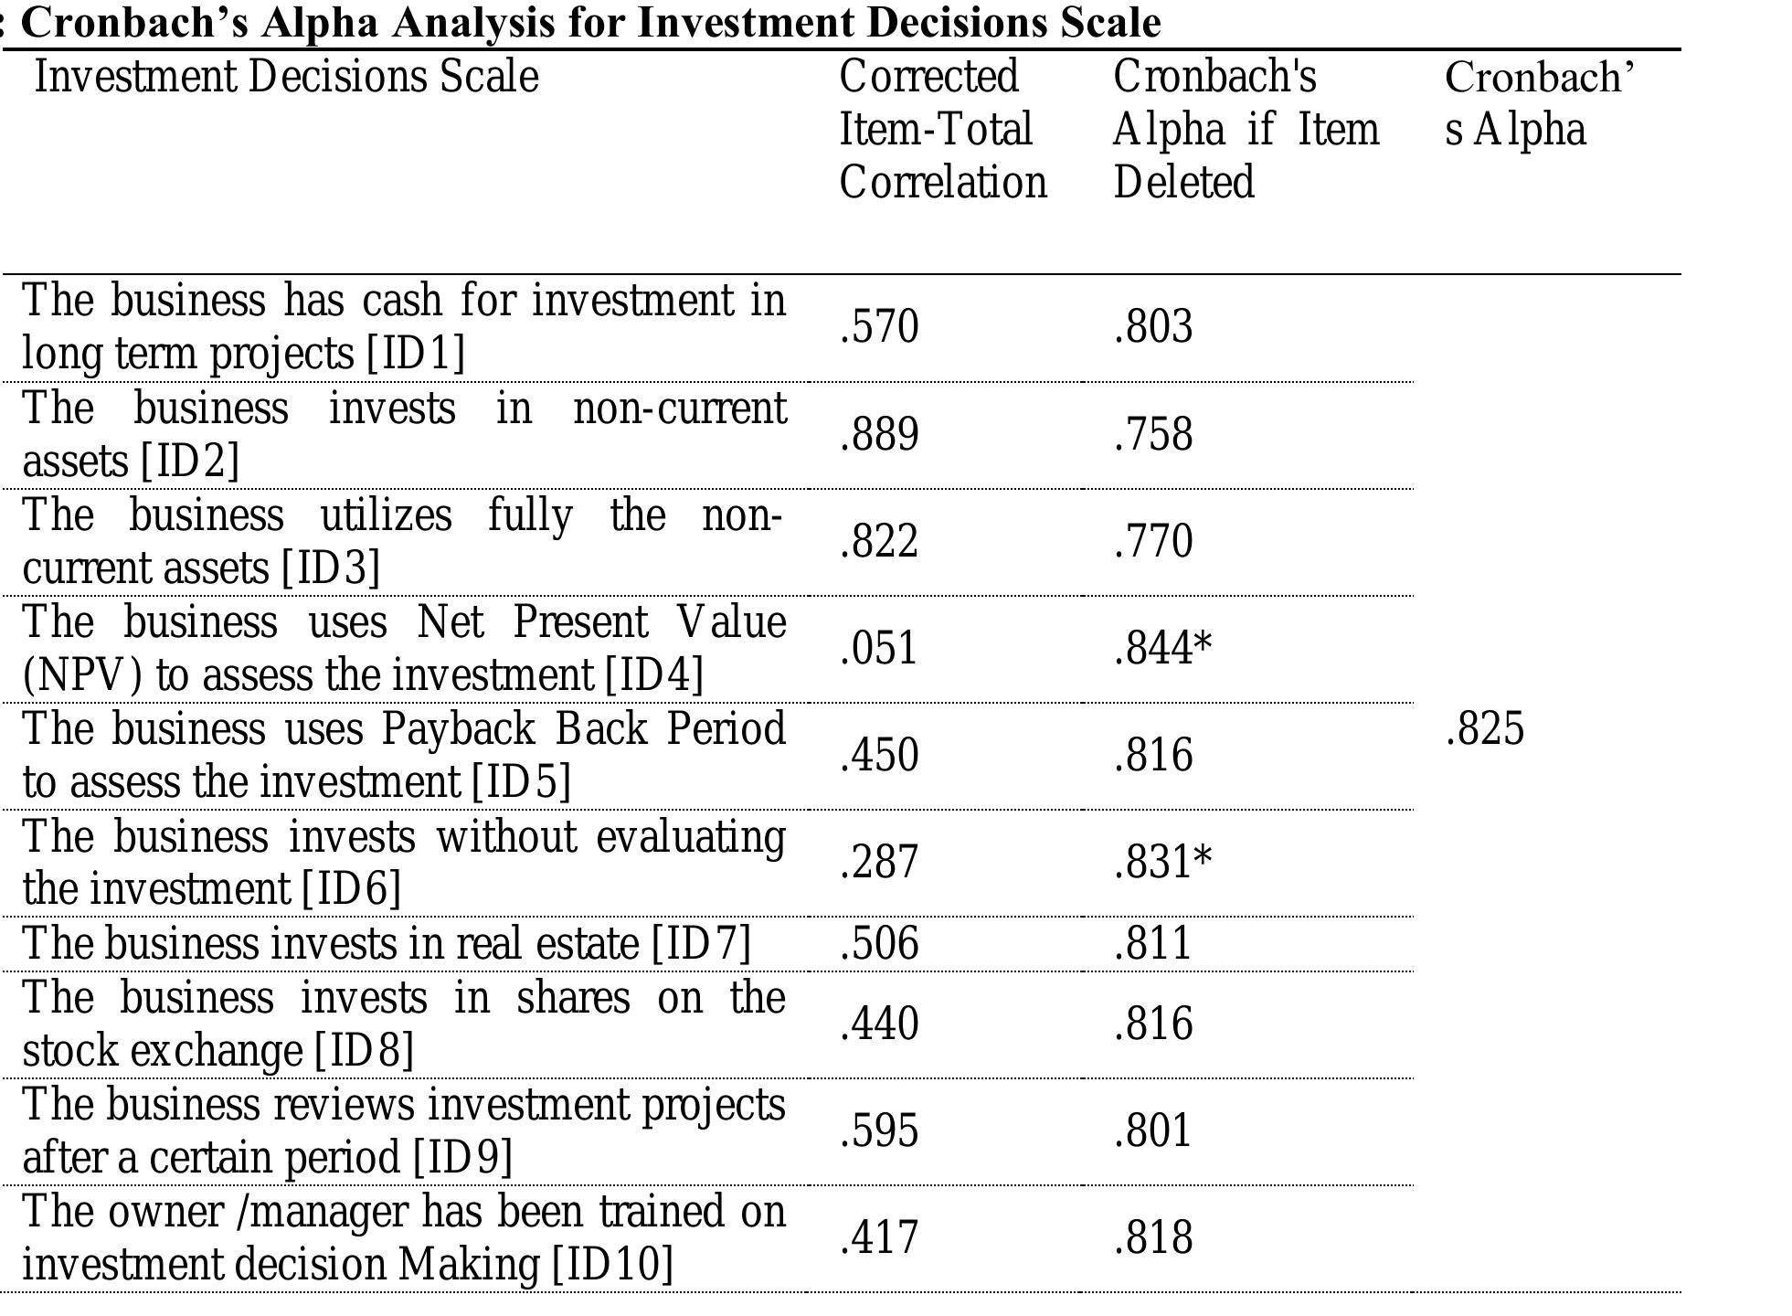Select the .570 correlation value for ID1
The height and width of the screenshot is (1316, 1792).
pos(878,327)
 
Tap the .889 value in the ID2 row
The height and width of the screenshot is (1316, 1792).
pos(878,434)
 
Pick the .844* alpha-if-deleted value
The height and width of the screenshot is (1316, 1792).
pos(1161,649)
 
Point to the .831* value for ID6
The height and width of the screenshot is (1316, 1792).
pos(1161,863)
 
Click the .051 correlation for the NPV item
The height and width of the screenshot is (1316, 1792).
pos(878,649)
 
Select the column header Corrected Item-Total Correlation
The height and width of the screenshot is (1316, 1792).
pos(941,129)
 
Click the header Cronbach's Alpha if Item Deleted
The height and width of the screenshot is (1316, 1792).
pos(1244,129)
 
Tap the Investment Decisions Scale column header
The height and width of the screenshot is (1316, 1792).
pos(286,77)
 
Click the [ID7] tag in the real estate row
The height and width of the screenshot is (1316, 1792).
pos(701,944)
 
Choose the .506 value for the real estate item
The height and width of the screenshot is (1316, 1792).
pos(878,944)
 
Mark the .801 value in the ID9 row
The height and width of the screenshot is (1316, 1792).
pos(1152,1131)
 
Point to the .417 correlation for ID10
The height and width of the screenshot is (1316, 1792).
pos(878,1238)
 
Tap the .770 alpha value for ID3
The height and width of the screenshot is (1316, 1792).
pos(1152,541)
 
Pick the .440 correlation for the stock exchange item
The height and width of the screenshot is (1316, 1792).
pos(878,1024)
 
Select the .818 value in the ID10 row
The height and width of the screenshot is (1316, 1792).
pos(1152,1238)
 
